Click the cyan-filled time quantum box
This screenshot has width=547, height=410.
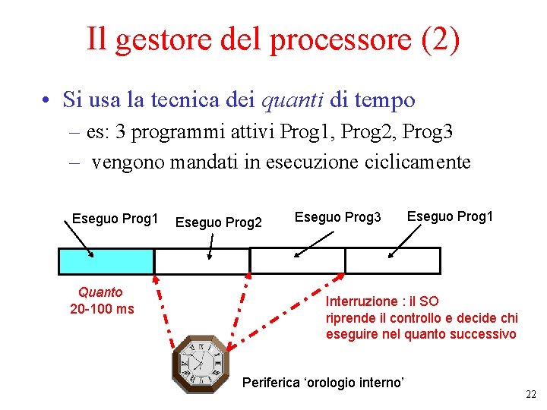(x=106, y=260)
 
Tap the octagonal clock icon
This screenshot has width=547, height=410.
(x=200, y=364)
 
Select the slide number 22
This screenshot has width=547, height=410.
(x=530, y=394)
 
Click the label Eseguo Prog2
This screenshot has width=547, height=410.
(x=219, y=222)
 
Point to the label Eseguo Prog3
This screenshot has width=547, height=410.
(x=338, y=218)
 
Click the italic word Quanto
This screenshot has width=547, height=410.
(x=100, y=292)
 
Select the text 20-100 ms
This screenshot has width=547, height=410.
(x=102, y=309)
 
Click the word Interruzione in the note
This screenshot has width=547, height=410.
(x=362, y=301)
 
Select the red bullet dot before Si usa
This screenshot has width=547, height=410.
(x=47, y=101)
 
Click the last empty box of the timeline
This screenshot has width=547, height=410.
(x=393, y=260)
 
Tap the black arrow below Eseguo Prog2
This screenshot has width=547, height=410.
(x=211, y=241)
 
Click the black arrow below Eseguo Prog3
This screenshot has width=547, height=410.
(x=313, y=243)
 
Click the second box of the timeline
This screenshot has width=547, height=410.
(x=202, y=260)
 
